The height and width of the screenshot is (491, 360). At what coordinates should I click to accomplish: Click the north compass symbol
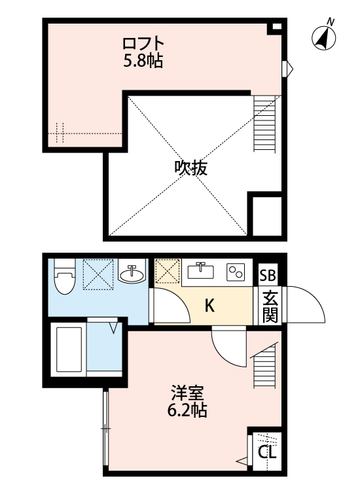tap(323, 37)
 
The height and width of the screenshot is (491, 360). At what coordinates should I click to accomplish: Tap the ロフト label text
tap(143, 44)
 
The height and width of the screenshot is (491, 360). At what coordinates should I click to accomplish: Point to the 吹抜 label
tap(190, 168)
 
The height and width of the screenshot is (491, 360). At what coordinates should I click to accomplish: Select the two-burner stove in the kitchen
tap(235, 272)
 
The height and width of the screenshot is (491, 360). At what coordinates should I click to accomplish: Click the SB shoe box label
tap(268, 276)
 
